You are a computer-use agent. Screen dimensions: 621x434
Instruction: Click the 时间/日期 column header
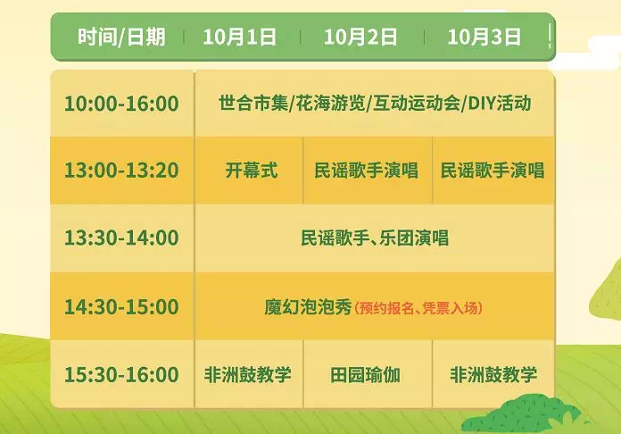coord(121,37)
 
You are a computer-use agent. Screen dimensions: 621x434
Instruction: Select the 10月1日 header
coord(240,37)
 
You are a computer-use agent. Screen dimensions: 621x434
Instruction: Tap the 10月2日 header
coord(360,37)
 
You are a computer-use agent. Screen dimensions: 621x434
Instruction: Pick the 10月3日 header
coord(484,37)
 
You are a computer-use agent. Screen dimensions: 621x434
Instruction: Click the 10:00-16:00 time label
coord(121,104)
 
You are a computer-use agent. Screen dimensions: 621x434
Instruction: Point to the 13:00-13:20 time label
coord(121,171)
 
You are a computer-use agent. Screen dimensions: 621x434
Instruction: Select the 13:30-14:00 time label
coord(121,238)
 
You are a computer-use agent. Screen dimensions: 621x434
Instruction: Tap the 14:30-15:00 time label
coord(121,307)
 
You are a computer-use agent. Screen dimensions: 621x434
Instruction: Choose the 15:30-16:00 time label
coord(121,374)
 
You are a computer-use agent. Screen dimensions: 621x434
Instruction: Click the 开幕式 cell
coord(252,171)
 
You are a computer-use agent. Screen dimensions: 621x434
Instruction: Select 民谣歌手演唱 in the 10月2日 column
coord(367,171)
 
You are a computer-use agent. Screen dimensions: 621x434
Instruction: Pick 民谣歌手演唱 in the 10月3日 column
coord(493,171)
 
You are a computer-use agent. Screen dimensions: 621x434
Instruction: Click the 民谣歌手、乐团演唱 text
coord(375,238)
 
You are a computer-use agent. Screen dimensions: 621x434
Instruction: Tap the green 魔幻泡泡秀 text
coord(308,307)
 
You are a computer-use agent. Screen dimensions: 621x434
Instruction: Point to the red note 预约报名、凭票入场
coord(418,308)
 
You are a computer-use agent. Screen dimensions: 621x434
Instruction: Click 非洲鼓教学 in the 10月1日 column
coord(248,374)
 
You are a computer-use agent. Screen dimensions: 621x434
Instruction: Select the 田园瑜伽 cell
coord(365,375)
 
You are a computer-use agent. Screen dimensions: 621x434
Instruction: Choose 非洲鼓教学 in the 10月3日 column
coord(493,374)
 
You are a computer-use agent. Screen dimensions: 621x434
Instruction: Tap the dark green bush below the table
coord(523,414)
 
